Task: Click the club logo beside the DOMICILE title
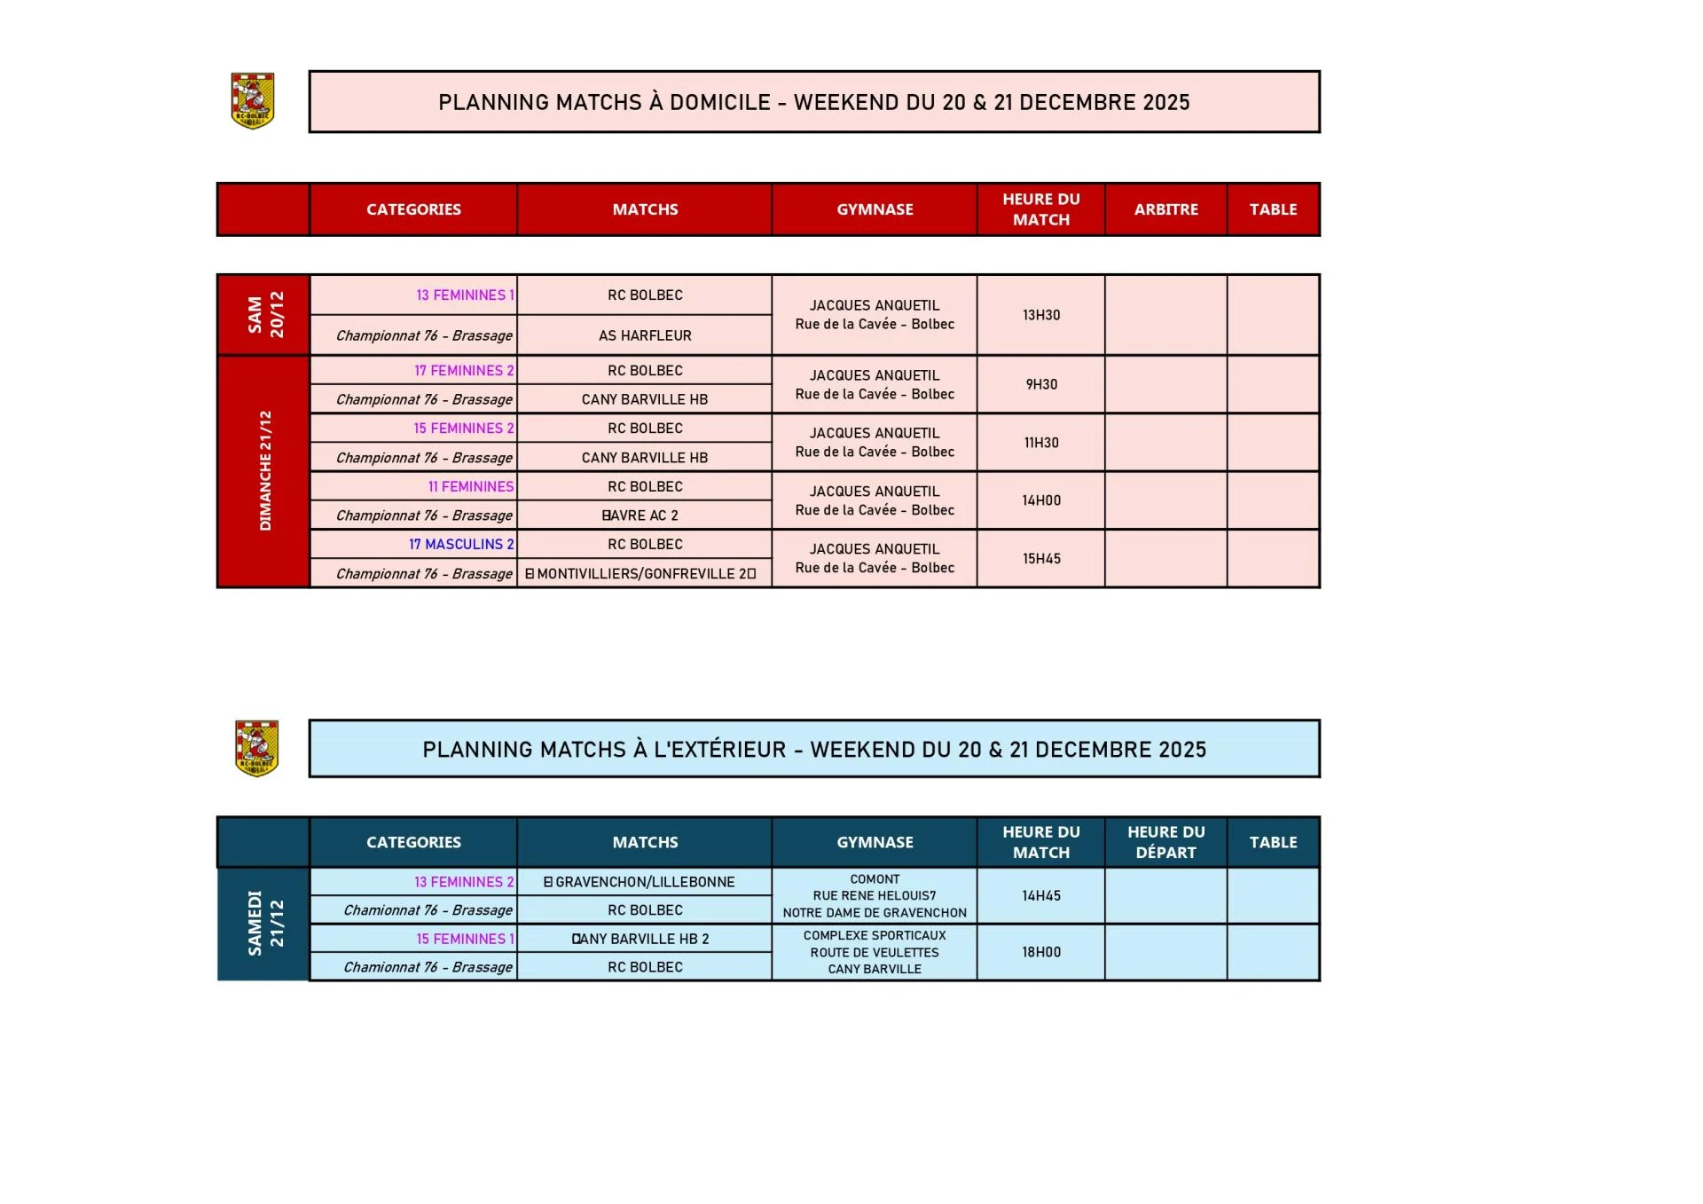253,101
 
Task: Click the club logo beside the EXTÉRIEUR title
256,748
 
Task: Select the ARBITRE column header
1165,209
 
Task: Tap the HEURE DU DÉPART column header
1165,842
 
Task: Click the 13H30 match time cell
1040,315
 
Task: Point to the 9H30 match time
1041,384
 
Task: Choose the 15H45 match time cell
1040,558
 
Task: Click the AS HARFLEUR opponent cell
645,335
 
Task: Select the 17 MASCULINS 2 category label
461,544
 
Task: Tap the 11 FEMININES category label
471,486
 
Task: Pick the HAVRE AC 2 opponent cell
640,515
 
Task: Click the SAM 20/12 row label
264,315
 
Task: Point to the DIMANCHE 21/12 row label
264,471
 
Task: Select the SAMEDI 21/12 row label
264,923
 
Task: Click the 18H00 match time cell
1040,952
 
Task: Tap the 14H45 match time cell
1040,895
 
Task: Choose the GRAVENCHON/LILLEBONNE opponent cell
640,882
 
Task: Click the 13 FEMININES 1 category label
465,295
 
